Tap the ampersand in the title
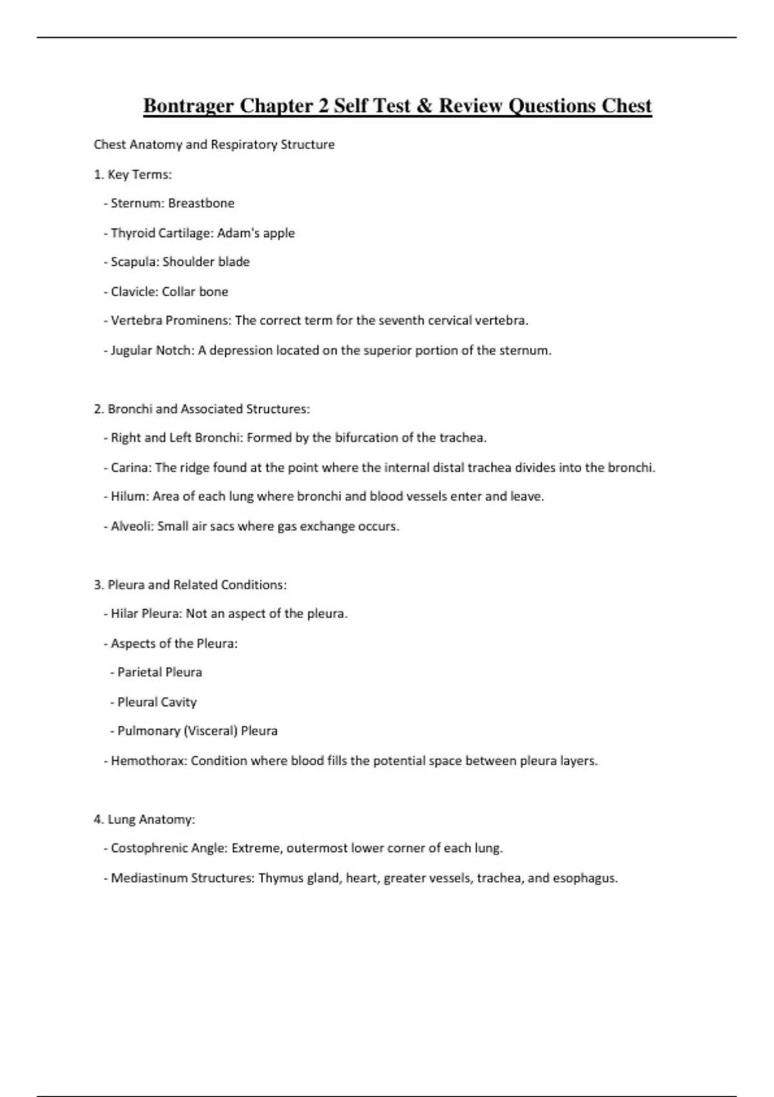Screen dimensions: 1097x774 click(x=424, y=105)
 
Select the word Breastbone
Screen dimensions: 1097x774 click(x=201, y=203)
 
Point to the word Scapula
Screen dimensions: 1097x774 click(x=133, y=262)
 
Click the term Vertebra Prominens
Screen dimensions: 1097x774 click(x=171, y=321)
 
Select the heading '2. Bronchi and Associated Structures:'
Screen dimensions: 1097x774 click(x=202, y=409)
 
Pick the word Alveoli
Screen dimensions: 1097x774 click(x=131, y=527)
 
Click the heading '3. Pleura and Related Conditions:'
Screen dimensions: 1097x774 click(x=190, y=585)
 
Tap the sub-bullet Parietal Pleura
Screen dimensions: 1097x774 click(x=159, y=672)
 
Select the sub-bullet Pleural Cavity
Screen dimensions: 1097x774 click(x=157, y=702)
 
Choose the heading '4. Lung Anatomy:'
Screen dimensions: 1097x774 click(x=144, y=820)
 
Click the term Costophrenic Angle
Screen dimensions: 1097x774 click(x=168, y=849)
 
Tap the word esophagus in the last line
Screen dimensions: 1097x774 click(x=584, y=878)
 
